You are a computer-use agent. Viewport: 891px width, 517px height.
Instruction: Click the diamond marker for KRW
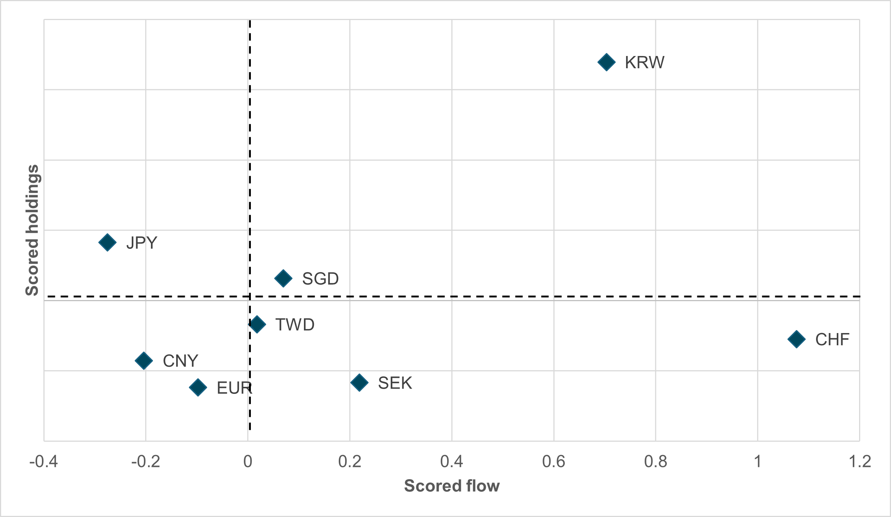[606, 62]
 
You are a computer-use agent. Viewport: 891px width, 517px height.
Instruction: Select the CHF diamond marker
[796, 339]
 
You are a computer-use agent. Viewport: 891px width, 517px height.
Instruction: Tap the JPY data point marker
[107, 243]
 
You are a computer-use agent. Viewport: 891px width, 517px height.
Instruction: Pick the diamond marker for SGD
[283, 278]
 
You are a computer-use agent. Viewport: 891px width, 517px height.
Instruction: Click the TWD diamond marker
[257, 324]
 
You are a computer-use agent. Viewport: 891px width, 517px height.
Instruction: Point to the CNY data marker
[144, 360]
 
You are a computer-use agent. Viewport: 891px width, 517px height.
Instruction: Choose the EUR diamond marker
[198, 388]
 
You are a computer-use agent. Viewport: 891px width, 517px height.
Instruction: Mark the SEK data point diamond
[359, 382]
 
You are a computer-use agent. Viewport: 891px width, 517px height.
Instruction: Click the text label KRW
[645, 62]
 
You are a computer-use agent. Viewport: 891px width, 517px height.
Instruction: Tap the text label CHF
[832, 339]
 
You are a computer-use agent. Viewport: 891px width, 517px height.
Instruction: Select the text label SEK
[395, 383]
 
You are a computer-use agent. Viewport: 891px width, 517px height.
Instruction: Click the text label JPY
[142, 243]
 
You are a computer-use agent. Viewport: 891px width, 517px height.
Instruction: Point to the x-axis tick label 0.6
[553, 462]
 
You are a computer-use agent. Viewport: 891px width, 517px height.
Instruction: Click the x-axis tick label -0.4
[43, 462]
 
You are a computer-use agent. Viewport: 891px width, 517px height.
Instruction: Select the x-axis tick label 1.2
[860, 462]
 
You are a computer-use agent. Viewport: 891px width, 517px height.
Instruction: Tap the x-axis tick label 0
[248, 462]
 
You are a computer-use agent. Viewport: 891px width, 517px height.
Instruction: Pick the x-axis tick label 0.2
[350, 462]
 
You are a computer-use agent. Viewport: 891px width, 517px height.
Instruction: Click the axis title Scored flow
[452, 486]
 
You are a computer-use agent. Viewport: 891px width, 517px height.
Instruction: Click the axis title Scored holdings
[32, 230]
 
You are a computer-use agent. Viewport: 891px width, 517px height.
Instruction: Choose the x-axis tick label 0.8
[655, 462]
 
